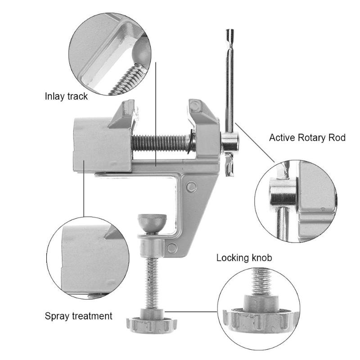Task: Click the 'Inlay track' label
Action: point(66,96)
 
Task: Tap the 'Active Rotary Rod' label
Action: point(307,138)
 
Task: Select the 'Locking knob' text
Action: point(244,258)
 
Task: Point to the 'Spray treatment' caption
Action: point(78,316)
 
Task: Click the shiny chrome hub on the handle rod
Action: point(229,143)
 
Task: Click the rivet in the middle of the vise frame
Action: point(191,186)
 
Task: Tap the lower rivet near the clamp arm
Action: point(171,247)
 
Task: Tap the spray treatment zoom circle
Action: point(88,258)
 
